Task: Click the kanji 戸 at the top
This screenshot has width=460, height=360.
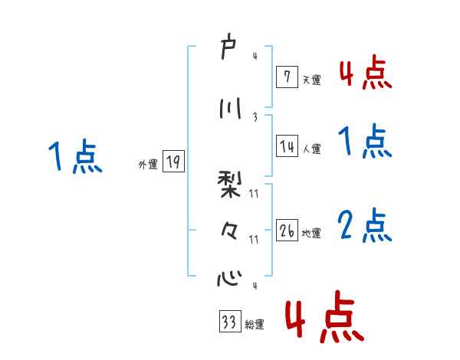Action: pyautogui.click(x=228, y=46)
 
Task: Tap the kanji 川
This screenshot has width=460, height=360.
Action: pyautogui.click(x=228, y=108)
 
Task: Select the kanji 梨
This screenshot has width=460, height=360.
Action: pyautogui.click(x=228, y=185)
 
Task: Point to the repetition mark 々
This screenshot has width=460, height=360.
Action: pyautogui.click(x=228, y=230)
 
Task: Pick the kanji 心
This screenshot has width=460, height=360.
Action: pyautogui.click(x=228, y=277)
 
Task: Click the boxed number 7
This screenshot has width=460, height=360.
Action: pyautogui.click(x=286, y=76)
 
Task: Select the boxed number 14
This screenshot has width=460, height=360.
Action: pyautogui.click(x=287, y=147)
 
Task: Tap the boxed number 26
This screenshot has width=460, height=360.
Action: pyautogui.click(x=287, y=231)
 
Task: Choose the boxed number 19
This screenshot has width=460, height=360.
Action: pyautogui.click(x=173, y=162)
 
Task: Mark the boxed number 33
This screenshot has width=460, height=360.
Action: pyautogui.click(x=229, y=322)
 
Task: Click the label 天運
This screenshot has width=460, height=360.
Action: pyautogui.click(x=312, y=80)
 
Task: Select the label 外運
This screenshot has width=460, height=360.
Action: pyautogui.click(x=148, y=164)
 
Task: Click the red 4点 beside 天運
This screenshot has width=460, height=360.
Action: pyautogui.click(x=365, y=74)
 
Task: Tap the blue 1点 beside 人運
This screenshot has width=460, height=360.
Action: pyautogui.click(x=365, y=142)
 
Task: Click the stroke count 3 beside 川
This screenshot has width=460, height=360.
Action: pyautogui.click(x=254, y=116)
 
